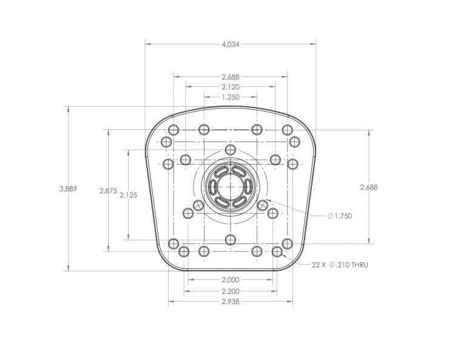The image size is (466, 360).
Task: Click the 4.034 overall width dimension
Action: (231, 44)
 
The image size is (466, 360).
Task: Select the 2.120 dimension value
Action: (231, 86)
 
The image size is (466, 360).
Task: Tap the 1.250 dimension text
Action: (231, 97)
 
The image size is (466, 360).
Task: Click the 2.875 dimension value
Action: (108, 190)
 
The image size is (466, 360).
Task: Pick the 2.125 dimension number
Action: (128, 195)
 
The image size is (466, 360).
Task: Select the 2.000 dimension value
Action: (231, 280)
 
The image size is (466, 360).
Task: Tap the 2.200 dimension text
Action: (231, 291)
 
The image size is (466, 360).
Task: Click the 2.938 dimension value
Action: (231, 301)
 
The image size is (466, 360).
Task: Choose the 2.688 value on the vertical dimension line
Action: (368, 187)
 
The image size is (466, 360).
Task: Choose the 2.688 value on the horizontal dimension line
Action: (231, 76)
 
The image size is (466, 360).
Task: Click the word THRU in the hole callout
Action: (357, 265)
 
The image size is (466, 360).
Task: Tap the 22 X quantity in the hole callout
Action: (319, 265)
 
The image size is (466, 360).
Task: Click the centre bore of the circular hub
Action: (230, 186)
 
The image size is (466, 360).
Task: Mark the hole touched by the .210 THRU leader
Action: (277, 251)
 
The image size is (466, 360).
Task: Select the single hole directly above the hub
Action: (229, 149)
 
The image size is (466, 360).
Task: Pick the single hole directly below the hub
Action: (229, 239)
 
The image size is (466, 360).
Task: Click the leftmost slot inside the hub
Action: (214, 187)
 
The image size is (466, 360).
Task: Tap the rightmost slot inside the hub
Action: (246, 187)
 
